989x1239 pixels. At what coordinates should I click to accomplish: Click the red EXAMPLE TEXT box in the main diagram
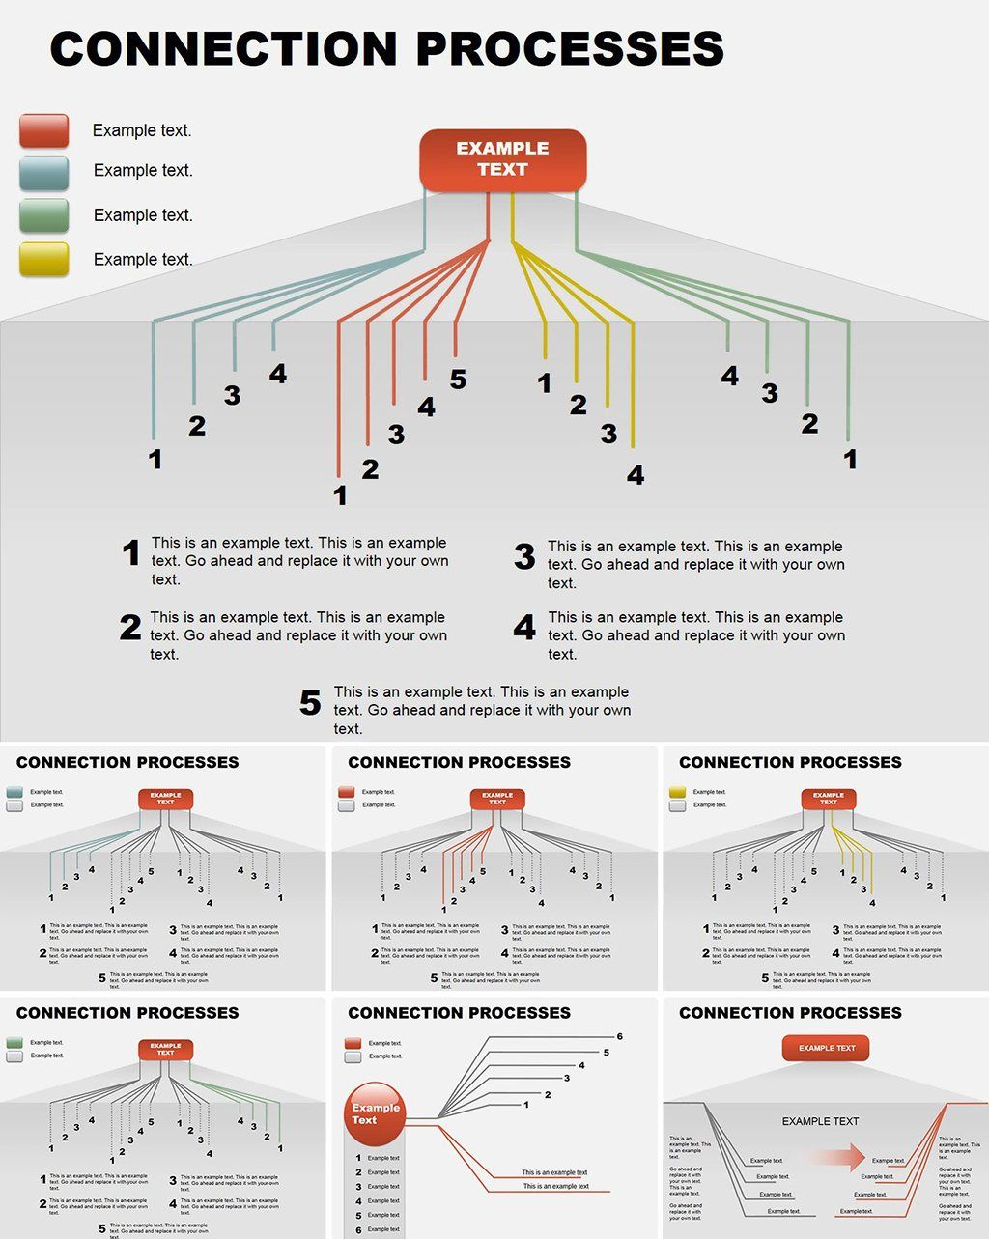click(x=502, y=159)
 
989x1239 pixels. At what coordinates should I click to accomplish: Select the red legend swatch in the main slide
click(x=44, y=130)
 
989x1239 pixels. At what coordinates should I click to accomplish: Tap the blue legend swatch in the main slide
click(x=44, y=173)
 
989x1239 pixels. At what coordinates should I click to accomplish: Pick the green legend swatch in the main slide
click(x=44, y=215)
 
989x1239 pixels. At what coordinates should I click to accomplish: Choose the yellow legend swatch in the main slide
click(x=44, y=259)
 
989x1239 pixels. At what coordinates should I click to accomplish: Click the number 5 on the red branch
click(x=458, y=380)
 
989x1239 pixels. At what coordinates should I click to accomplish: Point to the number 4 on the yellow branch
click(x=635, y=475)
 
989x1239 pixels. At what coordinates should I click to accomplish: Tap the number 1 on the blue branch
click(x=155, y=460)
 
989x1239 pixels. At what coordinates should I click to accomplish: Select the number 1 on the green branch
click(x=850, y=459)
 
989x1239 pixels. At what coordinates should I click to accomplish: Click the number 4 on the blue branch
click(x=278, y=374)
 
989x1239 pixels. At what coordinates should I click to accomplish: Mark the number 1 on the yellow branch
click(x=545, y=383)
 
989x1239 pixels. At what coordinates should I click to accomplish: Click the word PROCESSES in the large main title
click(x=571, y=48)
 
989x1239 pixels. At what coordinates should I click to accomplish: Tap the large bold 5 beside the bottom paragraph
click(x=310, y=703)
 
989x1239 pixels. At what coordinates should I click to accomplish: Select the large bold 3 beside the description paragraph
click(x=524, y=556)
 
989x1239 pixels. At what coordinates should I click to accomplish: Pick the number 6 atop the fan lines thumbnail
click(x=619, y=1036)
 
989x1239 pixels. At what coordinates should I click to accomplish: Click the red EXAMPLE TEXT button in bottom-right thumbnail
click(x=826, y=1048)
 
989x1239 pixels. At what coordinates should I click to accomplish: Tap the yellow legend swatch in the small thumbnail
click(x=677, y=792)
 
